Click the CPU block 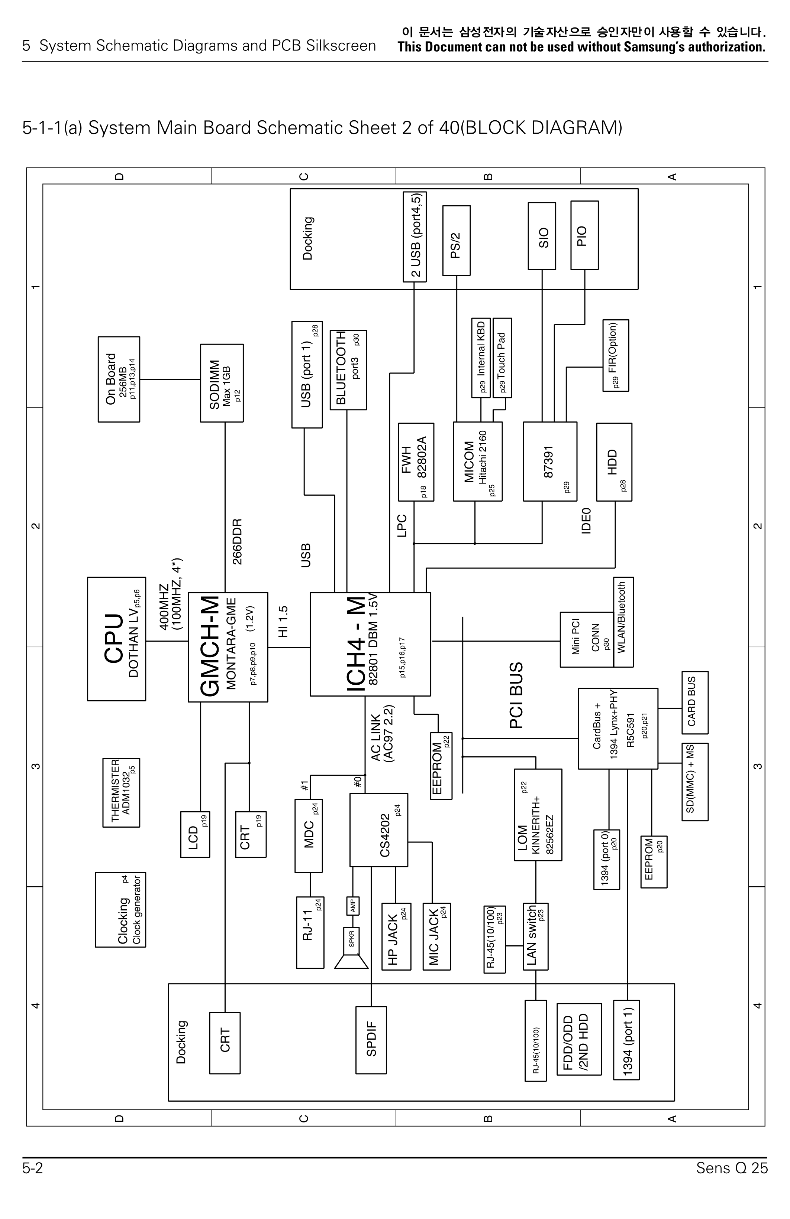tap(116, 639)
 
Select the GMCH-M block tap(228, 647)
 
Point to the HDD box tap(614, 462)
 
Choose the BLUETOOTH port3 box tap(348, 370)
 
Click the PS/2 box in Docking tap(456, 241)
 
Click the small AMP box tap(353, 906)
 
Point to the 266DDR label tap(237, 541)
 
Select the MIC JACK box tap(437, 937)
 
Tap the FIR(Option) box tap(616, 355)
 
